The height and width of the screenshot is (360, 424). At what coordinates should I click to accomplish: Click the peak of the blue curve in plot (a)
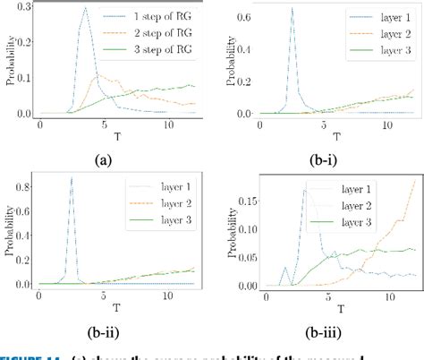[85, 9]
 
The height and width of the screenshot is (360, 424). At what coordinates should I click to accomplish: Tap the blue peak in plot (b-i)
[292, 8]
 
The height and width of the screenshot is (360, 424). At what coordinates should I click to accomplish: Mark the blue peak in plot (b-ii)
[71, 177]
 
